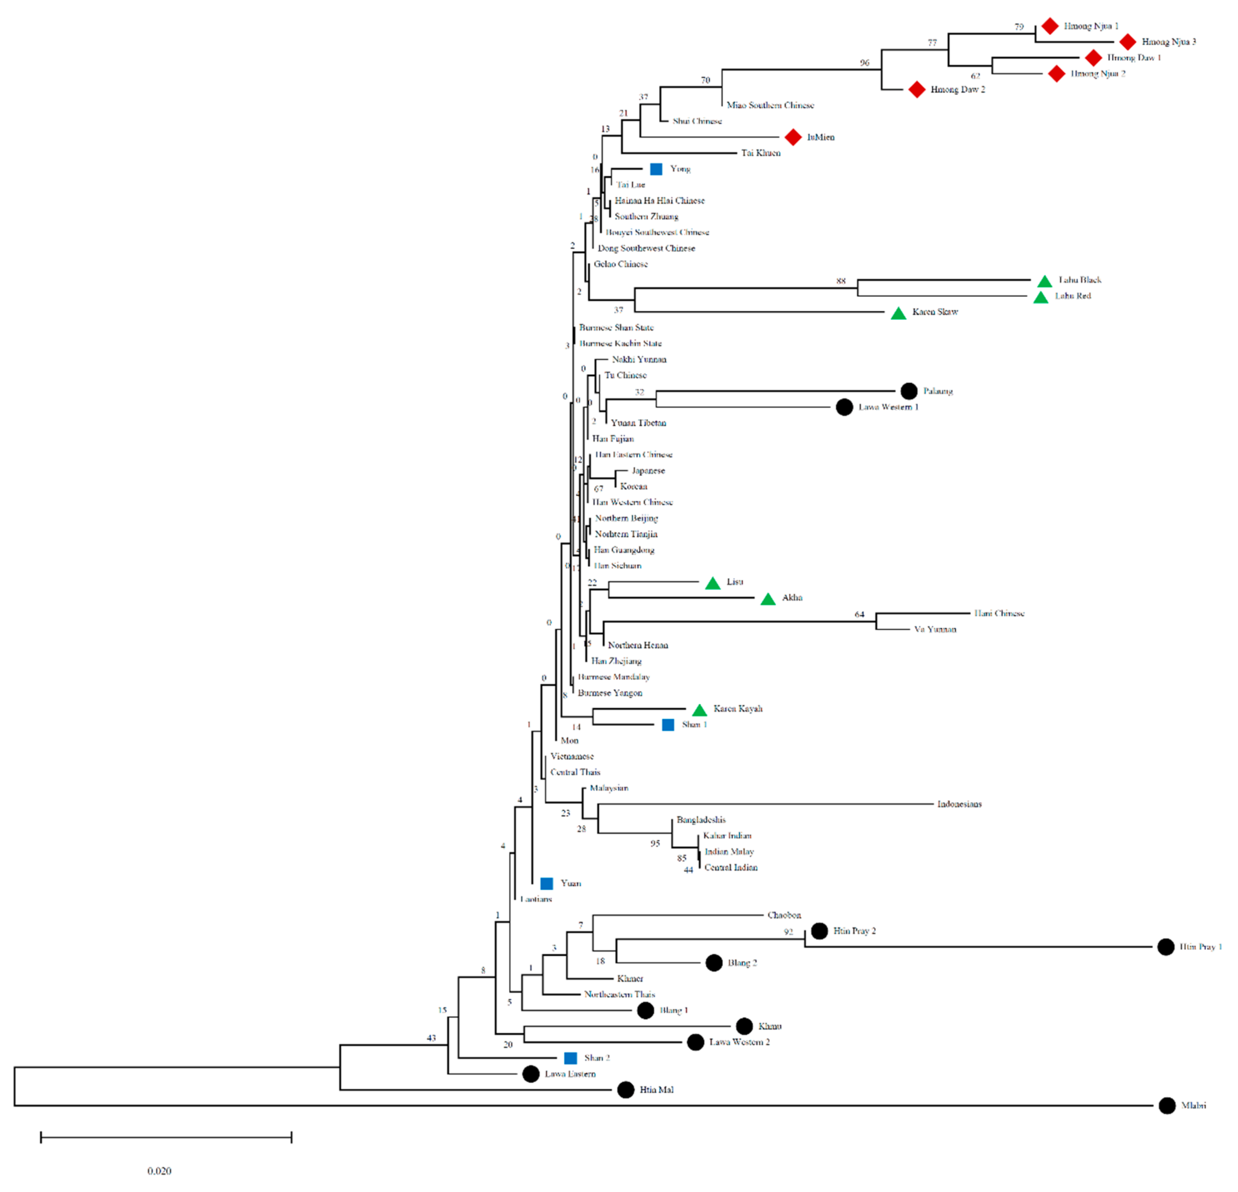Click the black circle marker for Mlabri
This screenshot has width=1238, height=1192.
click(1167, 1106)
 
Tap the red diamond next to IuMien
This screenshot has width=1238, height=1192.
click(793, 137)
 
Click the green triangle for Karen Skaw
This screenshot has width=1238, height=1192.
click(898, 313)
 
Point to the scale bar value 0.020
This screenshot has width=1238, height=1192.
click(159, 1171)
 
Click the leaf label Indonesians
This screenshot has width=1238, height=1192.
click(959, 804)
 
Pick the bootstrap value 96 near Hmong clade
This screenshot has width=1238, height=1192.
click(864, 63)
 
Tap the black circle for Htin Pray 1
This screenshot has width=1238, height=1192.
click(1165, 947)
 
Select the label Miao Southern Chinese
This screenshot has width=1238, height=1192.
click(770, 105)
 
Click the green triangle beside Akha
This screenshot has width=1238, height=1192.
click(767, 599)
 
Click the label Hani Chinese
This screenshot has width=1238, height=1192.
click(999, 613)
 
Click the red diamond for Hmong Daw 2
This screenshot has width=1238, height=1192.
click(916, 90)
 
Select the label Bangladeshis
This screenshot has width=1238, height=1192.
click(700, 820)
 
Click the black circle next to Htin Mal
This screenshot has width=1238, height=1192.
click(625, 1090)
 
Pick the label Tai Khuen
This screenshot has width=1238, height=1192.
click(760, 153)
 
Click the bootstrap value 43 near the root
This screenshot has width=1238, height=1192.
click(431, 1037)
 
